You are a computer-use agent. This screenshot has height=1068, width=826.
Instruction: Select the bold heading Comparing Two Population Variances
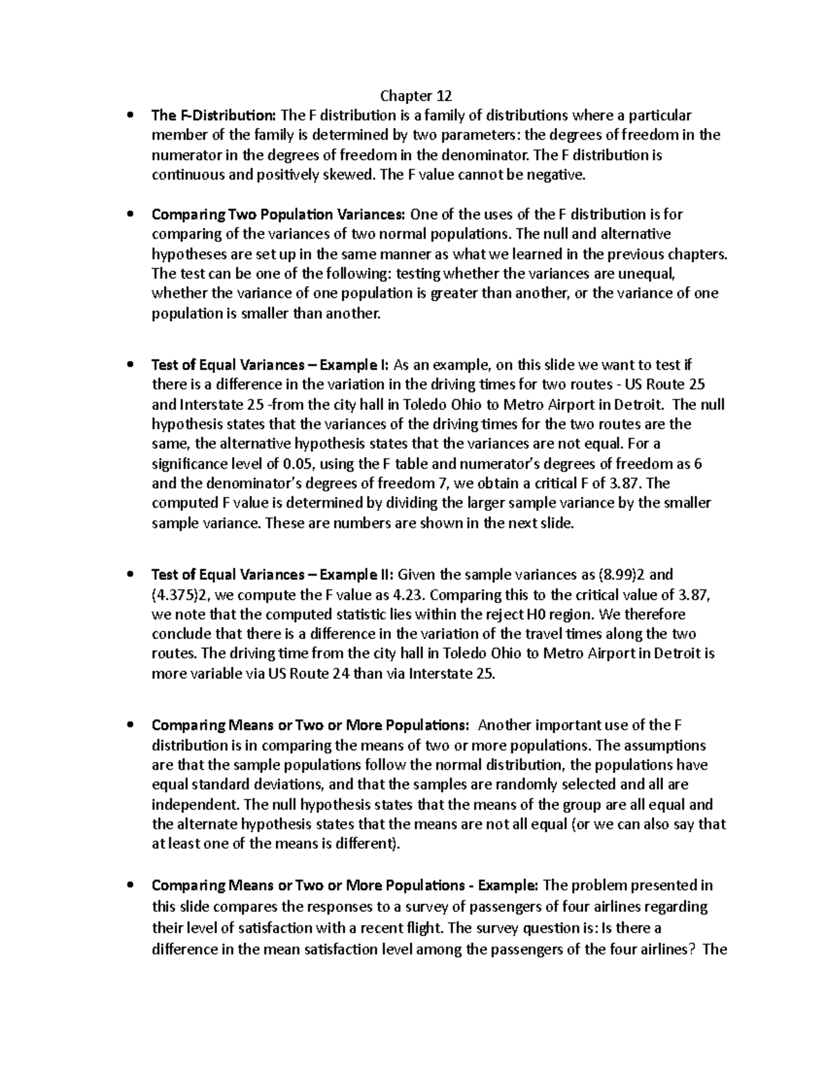click(279, 215)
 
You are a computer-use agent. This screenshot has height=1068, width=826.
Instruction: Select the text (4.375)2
click(178, 594)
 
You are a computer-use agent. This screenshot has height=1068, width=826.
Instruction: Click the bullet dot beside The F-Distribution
click(129, 116)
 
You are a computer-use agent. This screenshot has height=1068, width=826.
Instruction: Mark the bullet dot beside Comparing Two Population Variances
click(129, 215)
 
